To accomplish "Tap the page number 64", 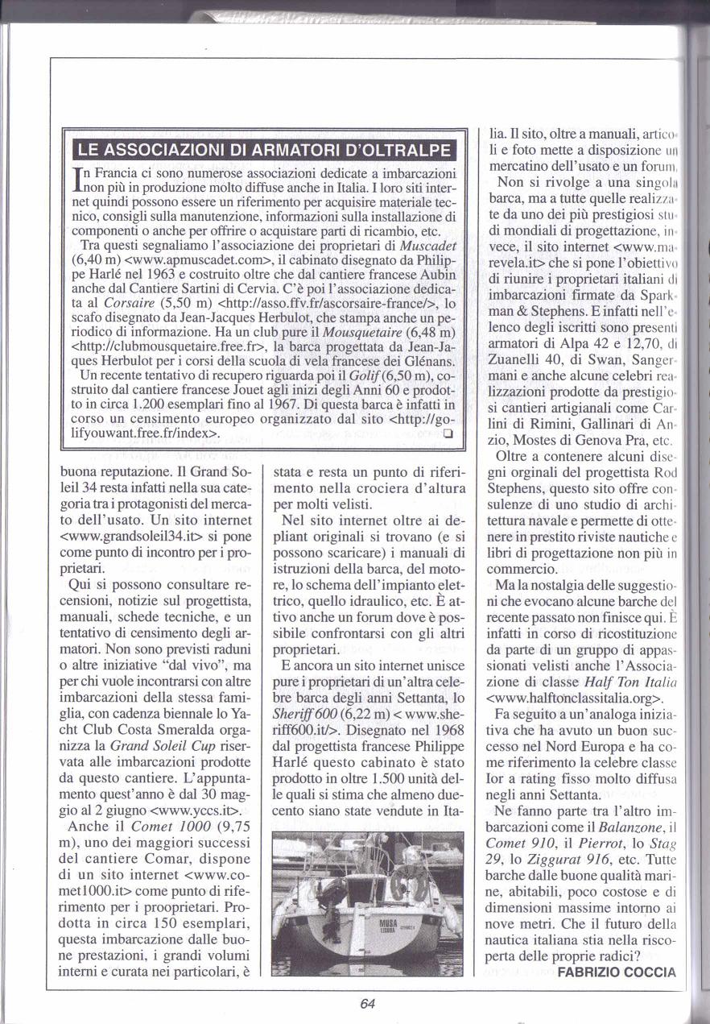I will point(368,1004).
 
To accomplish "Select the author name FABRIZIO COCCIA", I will point(617,972).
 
